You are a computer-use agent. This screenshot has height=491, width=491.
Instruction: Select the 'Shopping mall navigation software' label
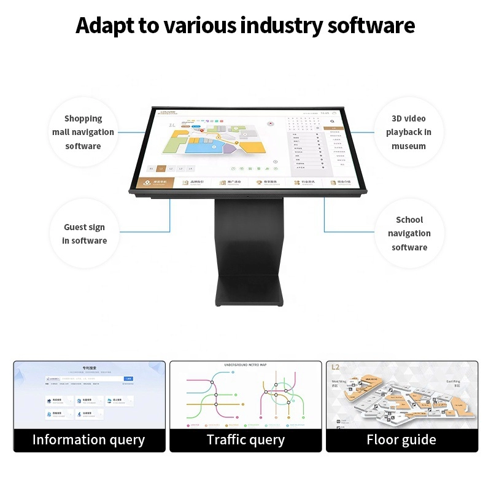pyautogui.click(x=83, y=132)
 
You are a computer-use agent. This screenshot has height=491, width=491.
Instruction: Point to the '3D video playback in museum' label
pyautogui.click(x=409, y=132)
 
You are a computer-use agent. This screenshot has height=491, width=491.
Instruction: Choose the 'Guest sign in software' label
pyautogui.click(x=85, y=234)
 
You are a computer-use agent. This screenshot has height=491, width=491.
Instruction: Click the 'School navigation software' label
pyautogui.click(x=409, y=233)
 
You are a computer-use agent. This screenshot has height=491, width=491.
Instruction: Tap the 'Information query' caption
pyautogui.click(x=88, y=439)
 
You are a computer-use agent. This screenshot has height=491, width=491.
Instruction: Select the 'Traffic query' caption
pyautogui.click(x=245, y=439)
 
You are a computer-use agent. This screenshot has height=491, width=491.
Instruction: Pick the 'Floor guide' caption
pyautogui.click(x=401, y=439)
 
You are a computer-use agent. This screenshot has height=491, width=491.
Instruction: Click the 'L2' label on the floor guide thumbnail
pyautogui.click(x=335, y=368)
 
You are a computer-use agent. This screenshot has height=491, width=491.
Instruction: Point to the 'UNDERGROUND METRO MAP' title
pyautogui.click(x=245, y=365)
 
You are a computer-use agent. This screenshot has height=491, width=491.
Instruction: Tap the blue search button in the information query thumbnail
pyautogui.click(x=128, y=379)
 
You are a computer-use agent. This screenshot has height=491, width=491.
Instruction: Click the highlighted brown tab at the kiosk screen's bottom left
pyautogui.click(x=156, y=182)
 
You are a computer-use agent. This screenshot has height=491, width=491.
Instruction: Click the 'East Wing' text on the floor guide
pyautogui.click(x=454, y=381)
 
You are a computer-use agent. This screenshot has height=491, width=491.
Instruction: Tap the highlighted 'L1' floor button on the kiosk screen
pyautogui.click(x=161, y=168)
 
